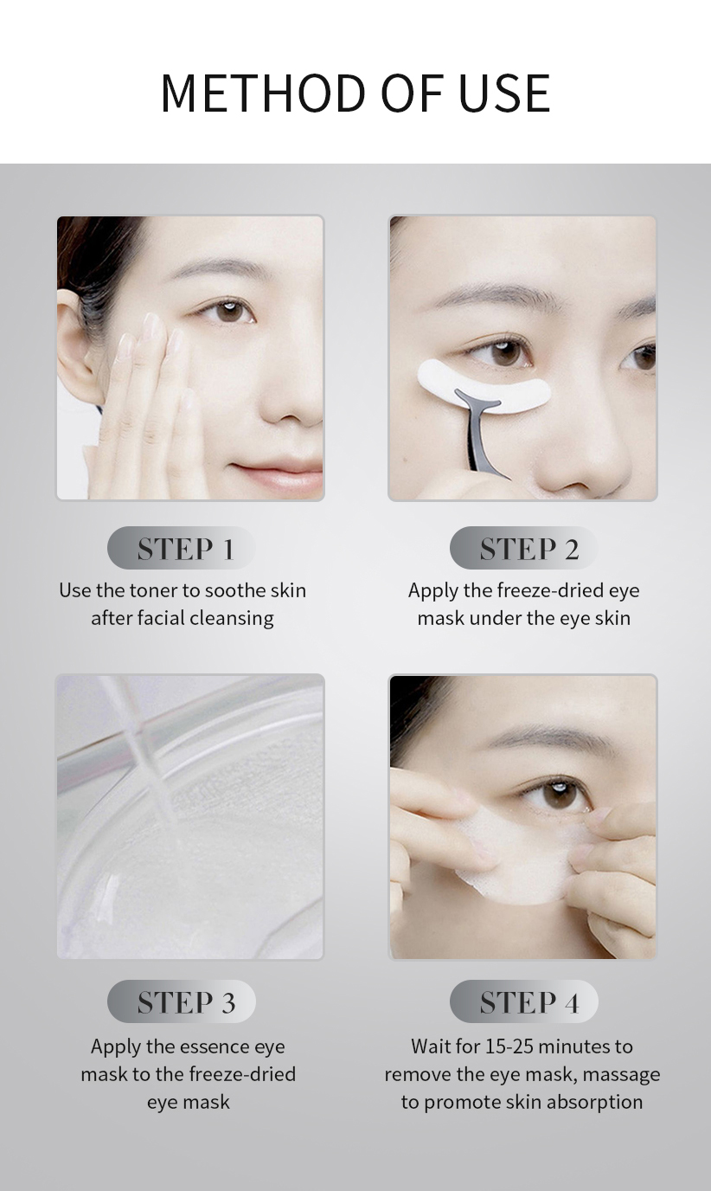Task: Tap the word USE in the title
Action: [x=505, y=93]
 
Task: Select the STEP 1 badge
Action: [x=183, y=549]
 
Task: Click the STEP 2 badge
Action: [x=525, y=549]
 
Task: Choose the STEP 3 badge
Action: [x=183, y=1002]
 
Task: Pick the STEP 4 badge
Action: [x=525, y=1002]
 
